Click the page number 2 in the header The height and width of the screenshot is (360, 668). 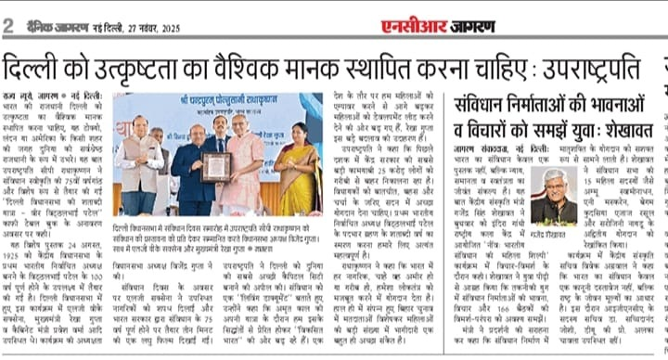tap(9, 25)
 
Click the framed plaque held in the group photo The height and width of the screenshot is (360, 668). tap(217, 167)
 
